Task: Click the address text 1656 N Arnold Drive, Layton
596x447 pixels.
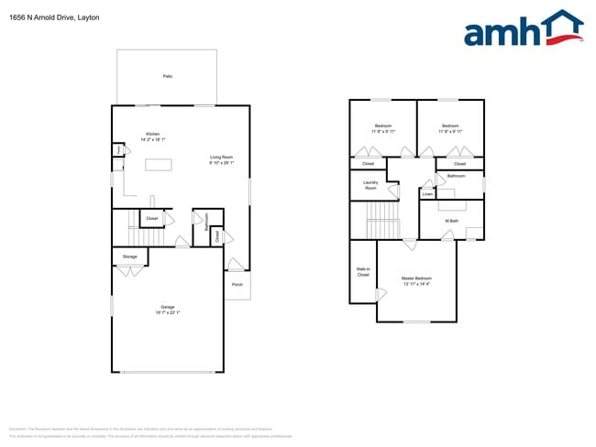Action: [x=54, y=17]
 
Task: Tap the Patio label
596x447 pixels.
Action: [x=167, y=76]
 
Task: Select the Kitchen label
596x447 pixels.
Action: [x=152, y=134]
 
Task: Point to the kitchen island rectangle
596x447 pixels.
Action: [x=160, y=165]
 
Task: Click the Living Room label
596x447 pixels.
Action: [x=221, y=157]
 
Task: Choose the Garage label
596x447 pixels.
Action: [x=167, y=307]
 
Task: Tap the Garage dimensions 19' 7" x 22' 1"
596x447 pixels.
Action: [x=167, y=313]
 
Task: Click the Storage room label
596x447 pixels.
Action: [x=129, y=256]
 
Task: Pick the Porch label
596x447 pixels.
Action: [x=237, y=284]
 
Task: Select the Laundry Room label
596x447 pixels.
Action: [x=370, y=185]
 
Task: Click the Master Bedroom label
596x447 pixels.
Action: [x=415, y=278]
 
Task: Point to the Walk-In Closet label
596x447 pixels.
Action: [x=362, y=272]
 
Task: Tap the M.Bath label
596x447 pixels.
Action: [x=451, y=221]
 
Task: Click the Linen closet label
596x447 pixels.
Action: [x=427, y=194]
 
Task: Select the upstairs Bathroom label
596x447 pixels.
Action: [x=456, y=176]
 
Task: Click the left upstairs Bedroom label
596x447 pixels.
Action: [x=383, y=125]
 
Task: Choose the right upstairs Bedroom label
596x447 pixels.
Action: [x=449, y=125]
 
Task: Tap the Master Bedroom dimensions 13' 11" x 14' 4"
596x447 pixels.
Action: [x=415, y=284]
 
